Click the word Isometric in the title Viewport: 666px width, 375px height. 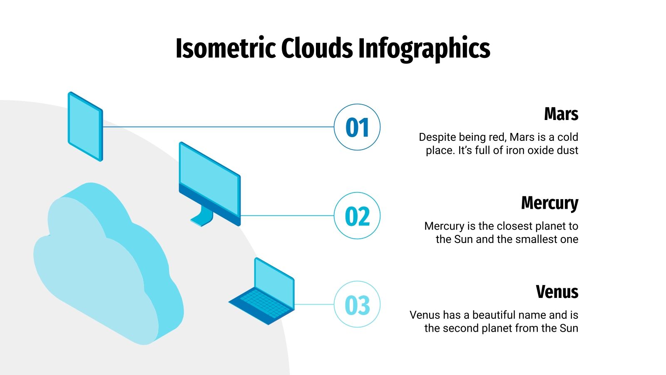(225, 48)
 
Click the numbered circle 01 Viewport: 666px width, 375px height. (357, 127)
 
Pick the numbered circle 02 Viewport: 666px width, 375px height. (357, 216)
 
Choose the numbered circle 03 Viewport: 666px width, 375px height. (357, 305)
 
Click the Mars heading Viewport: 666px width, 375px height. (561, 114)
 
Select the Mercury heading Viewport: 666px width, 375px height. (549, 203)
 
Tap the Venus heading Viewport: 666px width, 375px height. (557, 292)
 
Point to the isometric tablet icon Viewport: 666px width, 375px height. (85, 126)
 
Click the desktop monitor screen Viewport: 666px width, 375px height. (209, 177)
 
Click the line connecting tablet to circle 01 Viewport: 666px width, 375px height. (216, 127)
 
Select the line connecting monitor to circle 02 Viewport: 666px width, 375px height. (287, 215)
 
